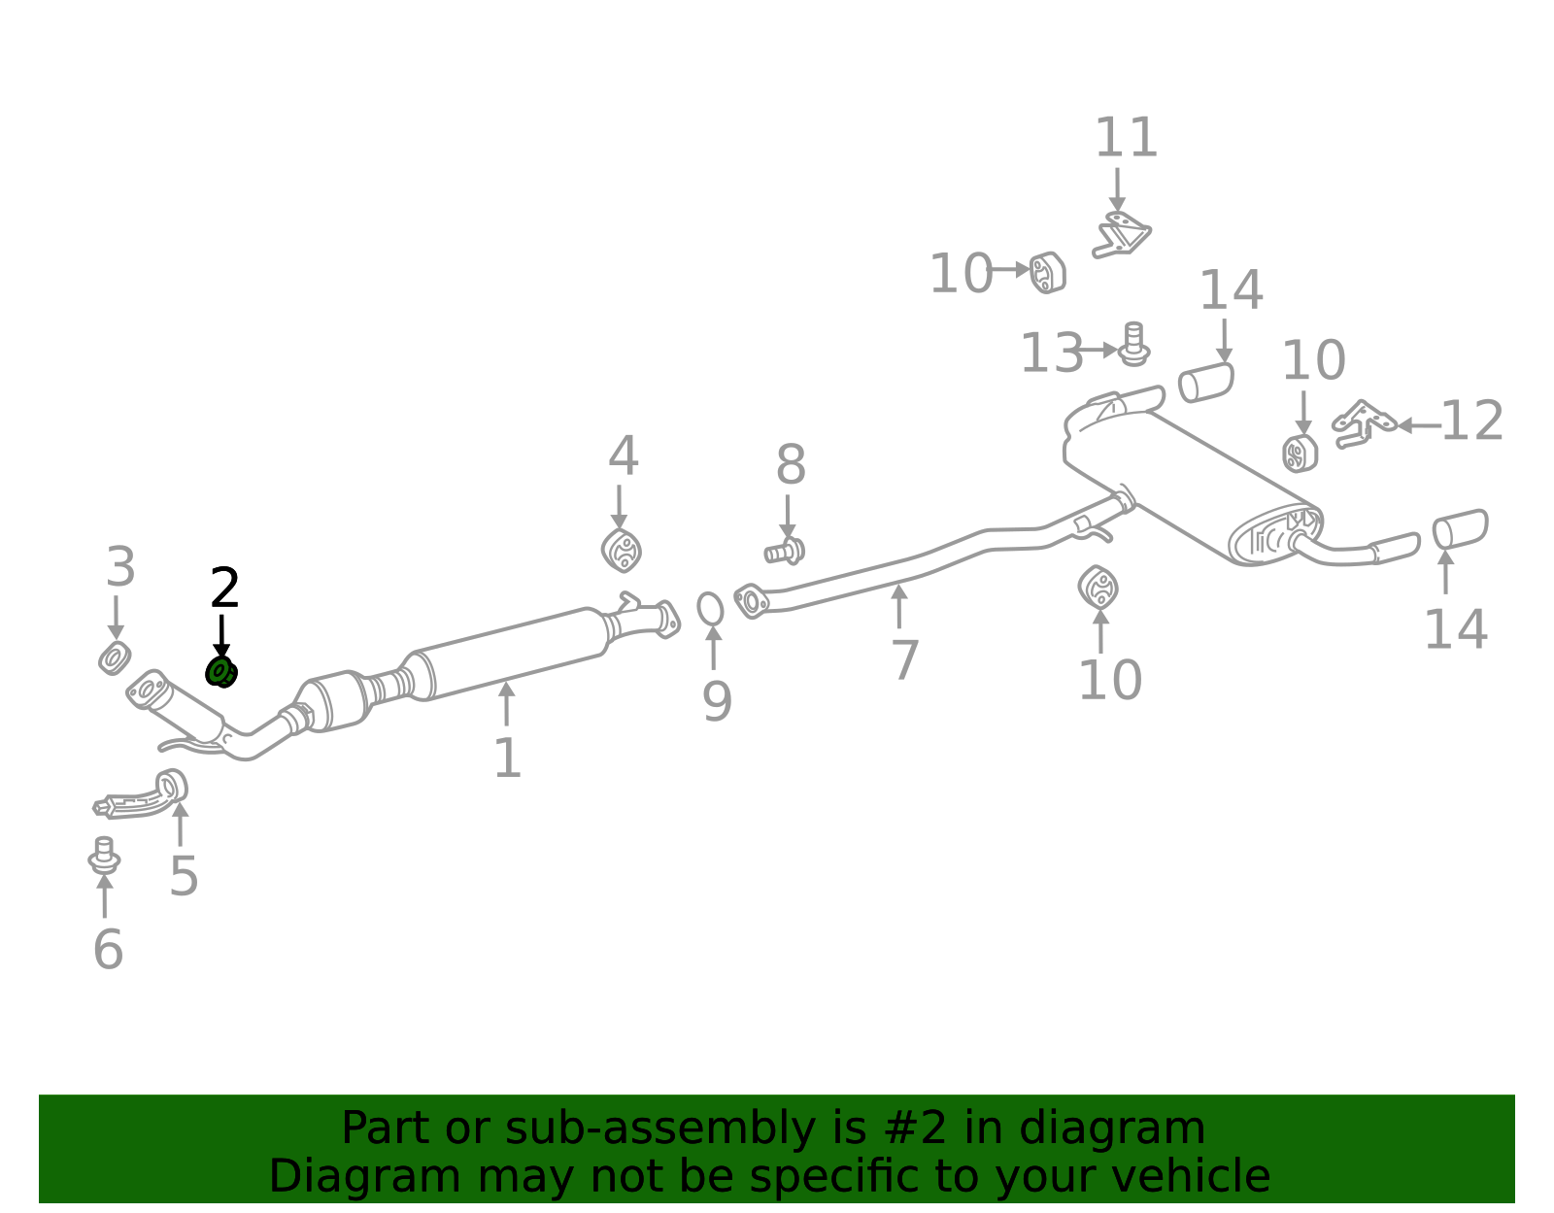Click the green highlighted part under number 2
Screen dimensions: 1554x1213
[221, 672]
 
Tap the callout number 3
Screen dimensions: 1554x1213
[120, 567]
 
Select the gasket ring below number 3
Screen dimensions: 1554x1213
[115, 658]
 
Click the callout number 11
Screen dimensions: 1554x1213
[1127, 137]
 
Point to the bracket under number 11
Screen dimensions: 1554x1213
[1122, 234]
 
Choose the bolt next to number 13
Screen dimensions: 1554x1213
[1133, 344]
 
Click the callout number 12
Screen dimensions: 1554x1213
[1471, 421]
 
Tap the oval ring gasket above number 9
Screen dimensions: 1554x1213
[710, 609]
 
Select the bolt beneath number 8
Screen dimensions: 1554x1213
[785, 551]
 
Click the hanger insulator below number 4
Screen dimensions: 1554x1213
[621, 551]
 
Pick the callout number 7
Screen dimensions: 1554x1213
[904, 660]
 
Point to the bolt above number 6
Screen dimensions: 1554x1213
[104, 855]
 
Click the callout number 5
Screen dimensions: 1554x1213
[183, 876]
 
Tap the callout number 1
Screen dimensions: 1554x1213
[507, 758]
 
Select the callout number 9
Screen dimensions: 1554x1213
[717, 702]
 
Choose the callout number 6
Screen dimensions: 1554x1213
[108, 950]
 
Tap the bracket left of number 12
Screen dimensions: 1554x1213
[1363, 423]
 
